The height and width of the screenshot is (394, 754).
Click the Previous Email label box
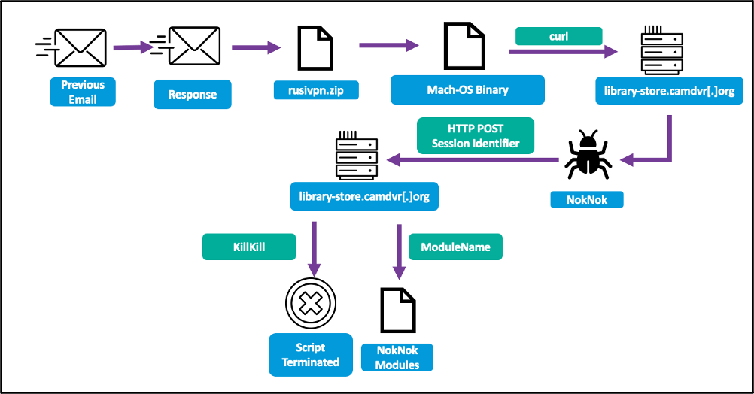point(83,92)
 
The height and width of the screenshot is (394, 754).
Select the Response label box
point(192,95)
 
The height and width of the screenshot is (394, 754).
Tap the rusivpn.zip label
point(316,90)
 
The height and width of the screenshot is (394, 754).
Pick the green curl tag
point(558,36)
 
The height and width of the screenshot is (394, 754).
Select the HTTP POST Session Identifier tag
point(476,136)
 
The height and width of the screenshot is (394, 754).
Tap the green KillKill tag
point(248,247)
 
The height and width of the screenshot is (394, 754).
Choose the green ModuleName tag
point(455,247)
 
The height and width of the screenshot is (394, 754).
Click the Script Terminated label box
point(310,355)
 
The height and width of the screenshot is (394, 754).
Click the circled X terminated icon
point(309,305)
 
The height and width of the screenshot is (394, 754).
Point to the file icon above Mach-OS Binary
point(461,46)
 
